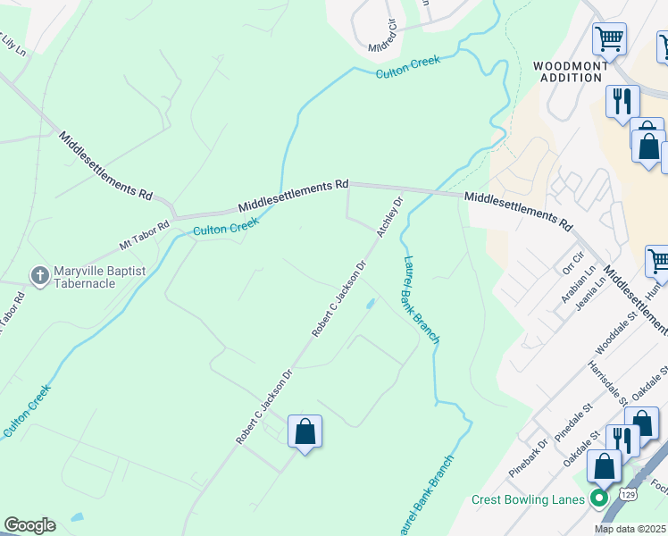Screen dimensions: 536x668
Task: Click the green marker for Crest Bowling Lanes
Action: pyautogui.click(x=599, y=498)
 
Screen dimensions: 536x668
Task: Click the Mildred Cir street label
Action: pyautogui.click(x=387, y=41)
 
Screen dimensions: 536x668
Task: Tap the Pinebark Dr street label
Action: pyautogui.click(x=527, y=456)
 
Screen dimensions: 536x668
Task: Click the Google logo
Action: pyautogui.click(x=29, y=525)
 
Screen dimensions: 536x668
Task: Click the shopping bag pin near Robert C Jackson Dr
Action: pyautogui.click(x=305, y=431)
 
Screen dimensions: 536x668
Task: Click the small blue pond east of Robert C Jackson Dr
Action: pyautogui.click(x=369, y=304)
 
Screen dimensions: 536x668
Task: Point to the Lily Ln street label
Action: pyautogui.click(x=13, y=45)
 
